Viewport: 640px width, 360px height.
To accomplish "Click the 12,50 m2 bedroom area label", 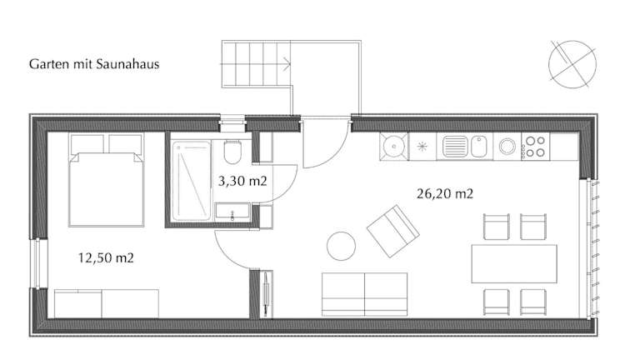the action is coord(106,258).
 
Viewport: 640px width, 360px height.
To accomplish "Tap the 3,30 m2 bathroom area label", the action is coord(242,181).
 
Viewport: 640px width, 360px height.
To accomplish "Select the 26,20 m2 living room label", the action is coord(445,193).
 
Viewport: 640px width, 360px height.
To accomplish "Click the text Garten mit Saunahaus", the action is coord(94,64).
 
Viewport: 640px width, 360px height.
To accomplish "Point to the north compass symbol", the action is coord(572,64).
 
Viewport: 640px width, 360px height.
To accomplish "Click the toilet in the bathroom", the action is coord(232,152).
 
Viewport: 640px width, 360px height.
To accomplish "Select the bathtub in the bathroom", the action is coord(191,181).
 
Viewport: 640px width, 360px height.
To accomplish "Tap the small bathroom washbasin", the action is coord(232,212).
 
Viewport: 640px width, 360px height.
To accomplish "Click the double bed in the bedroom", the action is coord(107,180).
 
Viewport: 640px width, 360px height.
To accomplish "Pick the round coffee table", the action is coord(341,246).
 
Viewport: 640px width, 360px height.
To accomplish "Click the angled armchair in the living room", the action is coord(392,231).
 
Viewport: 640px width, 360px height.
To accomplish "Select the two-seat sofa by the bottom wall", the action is coord(364,294).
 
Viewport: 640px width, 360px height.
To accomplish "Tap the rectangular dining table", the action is coord(514,263).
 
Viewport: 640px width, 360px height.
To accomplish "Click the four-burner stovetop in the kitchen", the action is coord(535,147).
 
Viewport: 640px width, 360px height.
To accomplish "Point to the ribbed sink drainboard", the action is coord(454,146).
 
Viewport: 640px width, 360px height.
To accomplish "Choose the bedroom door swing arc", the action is coord(227,257).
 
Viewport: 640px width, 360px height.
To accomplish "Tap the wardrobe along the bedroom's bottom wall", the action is coord(107,303).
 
